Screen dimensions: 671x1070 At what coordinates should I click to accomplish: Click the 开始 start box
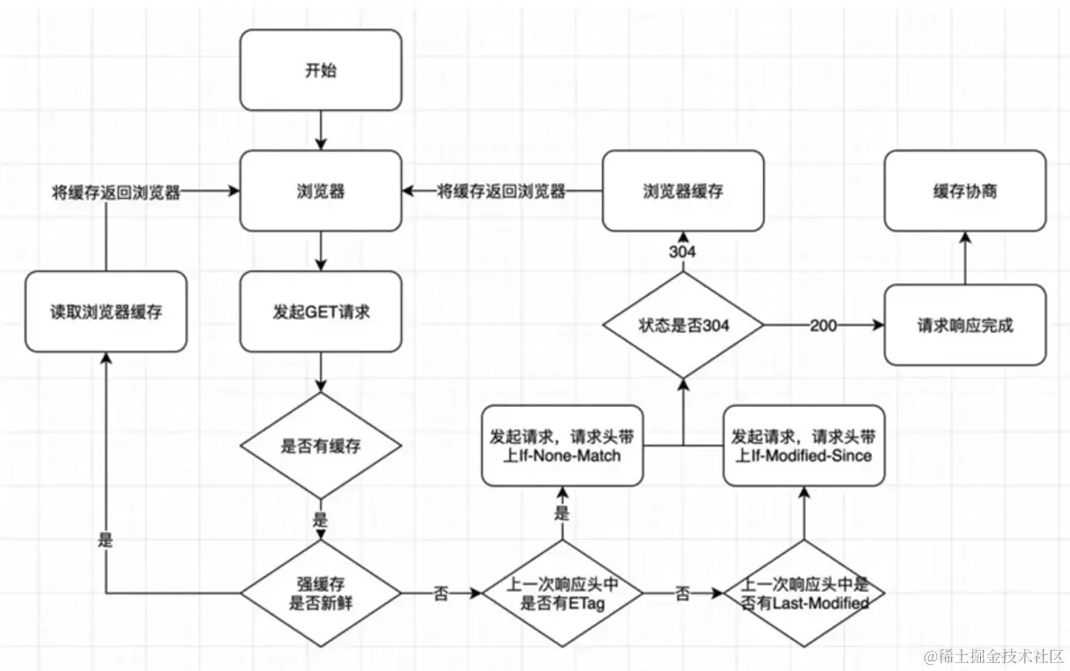321,70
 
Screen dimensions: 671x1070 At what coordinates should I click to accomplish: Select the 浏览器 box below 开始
321,191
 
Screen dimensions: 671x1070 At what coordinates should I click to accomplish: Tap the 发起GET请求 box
321,312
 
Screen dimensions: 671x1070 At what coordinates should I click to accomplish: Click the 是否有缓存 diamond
321,446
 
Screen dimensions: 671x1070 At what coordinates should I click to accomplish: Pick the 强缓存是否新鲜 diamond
321,594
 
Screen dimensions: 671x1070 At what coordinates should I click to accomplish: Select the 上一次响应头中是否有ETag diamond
561,594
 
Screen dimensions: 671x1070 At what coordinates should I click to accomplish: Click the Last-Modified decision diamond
803,594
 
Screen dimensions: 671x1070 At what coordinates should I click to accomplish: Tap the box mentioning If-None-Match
561,446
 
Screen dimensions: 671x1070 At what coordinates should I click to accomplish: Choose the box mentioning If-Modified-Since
803,446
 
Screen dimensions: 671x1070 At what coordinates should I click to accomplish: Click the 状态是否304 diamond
683,325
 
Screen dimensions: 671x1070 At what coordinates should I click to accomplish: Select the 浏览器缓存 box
683,191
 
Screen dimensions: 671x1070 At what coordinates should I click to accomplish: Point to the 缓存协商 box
964,191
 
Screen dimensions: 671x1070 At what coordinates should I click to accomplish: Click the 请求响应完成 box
964,325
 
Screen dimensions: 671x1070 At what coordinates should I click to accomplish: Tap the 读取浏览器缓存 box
106,312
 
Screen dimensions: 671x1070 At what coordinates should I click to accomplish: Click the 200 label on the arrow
825,325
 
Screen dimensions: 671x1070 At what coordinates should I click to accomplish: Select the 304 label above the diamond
682,252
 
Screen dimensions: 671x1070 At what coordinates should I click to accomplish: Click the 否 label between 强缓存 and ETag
441,594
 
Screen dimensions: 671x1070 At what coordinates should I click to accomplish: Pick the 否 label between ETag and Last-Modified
682,594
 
